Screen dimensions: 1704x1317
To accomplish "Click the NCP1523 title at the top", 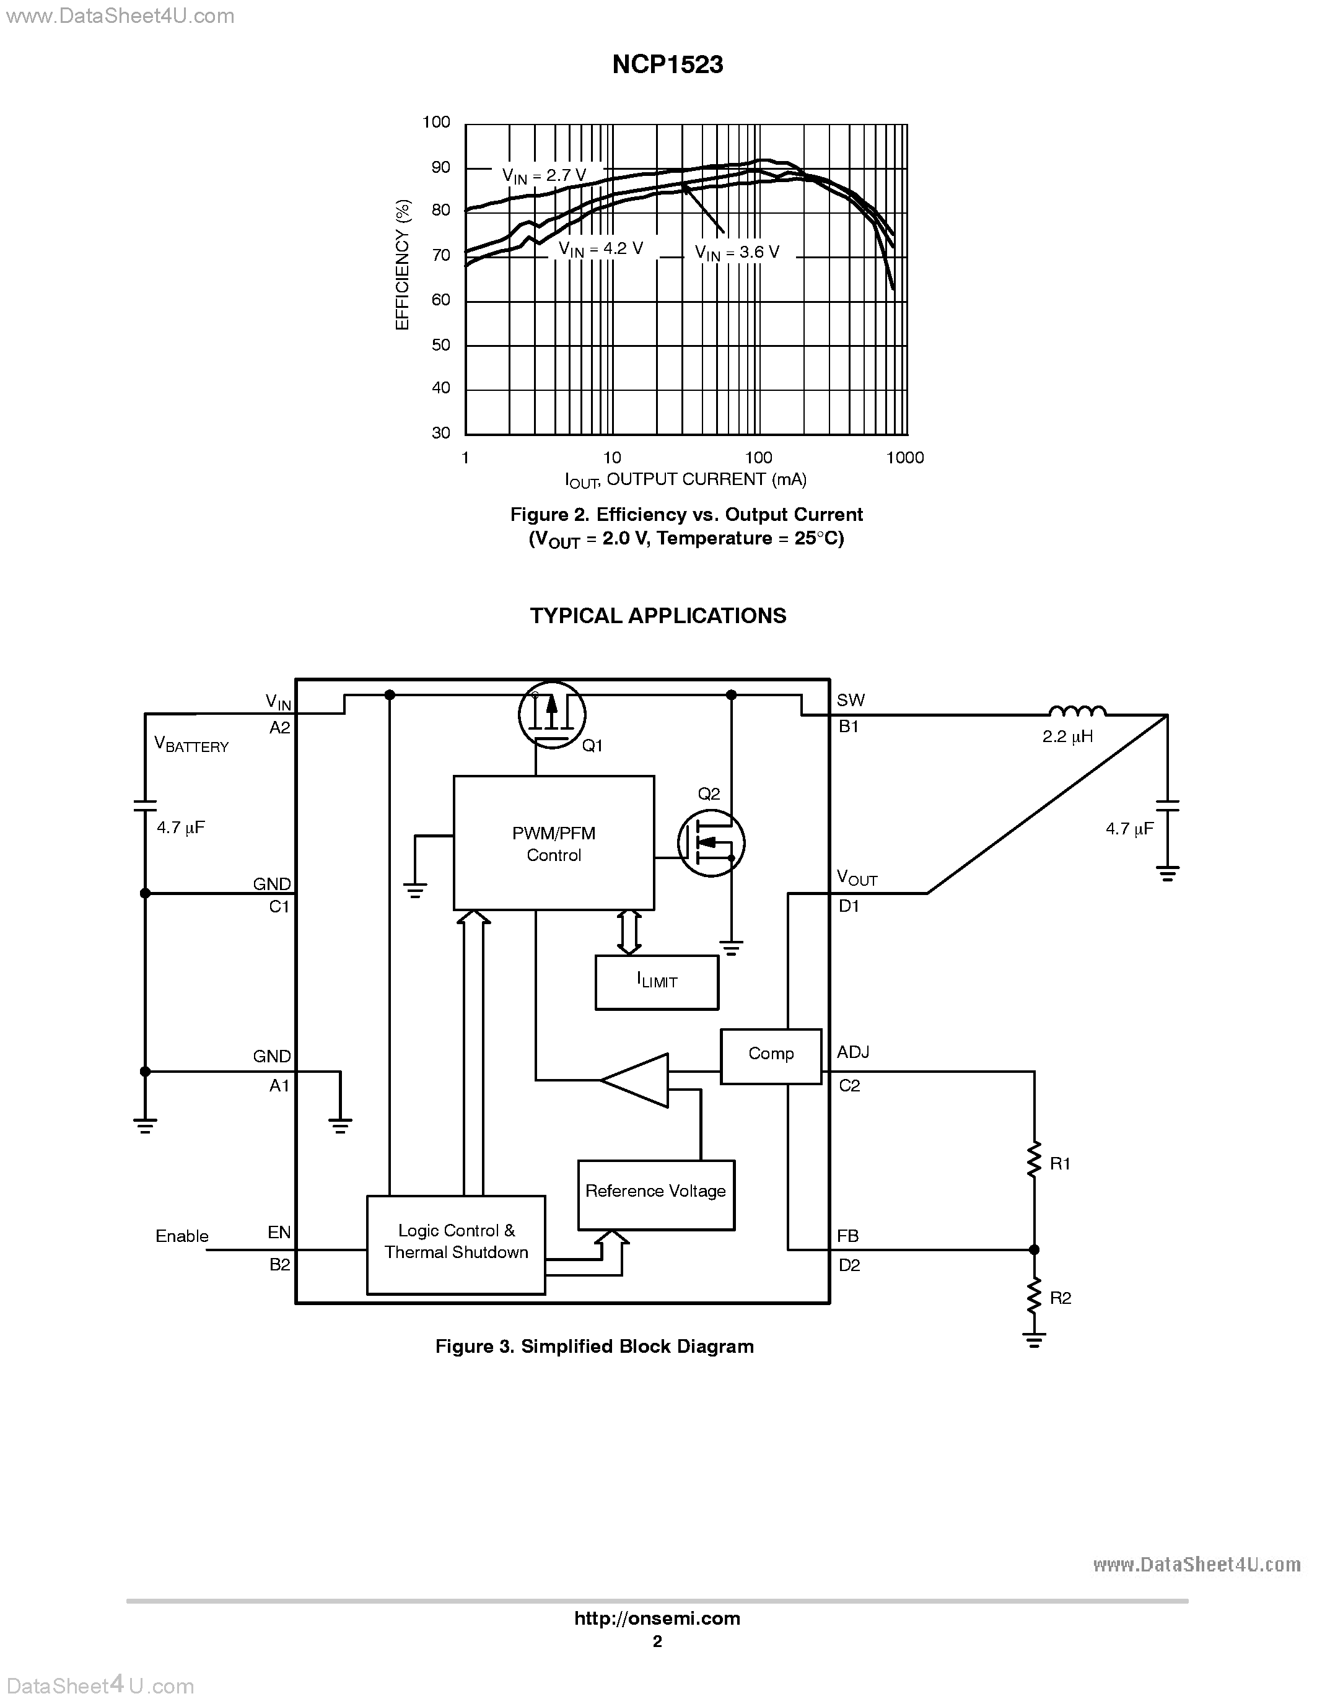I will tap(667, 65).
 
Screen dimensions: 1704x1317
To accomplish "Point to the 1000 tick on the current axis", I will tap(905, 458).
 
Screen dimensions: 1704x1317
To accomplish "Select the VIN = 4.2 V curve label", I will tap(601, 249).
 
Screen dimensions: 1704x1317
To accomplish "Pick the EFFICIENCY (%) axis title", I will tap(403, 264).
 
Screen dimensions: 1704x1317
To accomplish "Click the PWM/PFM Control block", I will tap(553, 844).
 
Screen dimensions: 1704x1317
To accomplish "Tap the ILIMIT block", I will tap(656, 982).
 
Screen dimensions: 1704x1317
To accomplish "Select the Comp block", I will tap(770, 1055).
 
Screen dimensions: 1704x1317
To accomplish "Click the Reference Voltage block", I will tap(655, 1191).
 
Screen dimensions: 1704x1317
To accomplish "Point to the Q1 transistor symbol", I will tap(551, 715).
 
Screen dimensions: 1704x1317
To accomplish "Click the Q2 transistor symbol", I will tap(711, 842).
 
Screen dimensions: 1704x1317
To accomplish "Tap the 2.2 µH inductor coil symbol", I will tap(1077, 711).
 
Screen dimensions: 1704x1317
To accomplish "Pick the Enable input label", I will tap(182, 1236).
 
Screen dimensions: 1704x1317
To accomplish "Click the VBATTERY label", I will tap(191, 745).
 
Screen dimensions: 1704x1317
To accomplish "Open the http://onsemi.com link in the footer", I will tap(657, 1618).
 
